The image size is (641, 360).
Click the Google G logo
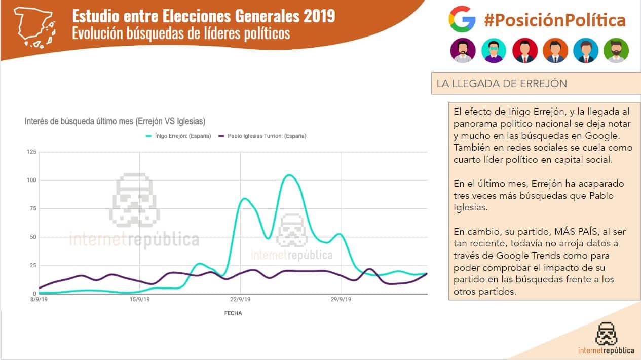tap(462, 20)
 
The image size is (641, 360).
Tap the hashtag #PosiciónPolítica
tap(554, 20)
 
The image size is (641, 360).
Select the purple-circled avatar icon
tap(463, 50)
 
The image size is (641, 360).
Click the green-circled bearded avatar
tap(616, 50)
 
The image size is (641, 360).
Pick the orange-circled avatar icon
tap(555, 50)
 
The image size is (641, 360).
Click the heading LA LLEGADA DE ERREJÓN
tap(502, 84)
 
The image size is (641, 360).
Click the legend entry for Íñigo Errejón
tap(178, 136)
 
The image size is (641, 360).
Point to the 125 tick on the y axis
tap(31, 152)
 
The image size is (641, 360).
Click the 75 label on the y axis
tap(33, 208)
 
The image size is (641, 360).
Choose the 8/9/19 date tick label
tap(39, 300)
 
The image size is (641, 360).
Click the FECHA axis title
tap(233, 313)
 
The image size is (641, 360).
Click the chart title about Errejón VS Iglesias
tap(115, 121)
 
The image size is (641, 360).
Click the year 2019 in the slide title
tap(320, 16)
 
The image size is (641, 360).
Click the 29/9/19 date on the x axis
tap(341, 300)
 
